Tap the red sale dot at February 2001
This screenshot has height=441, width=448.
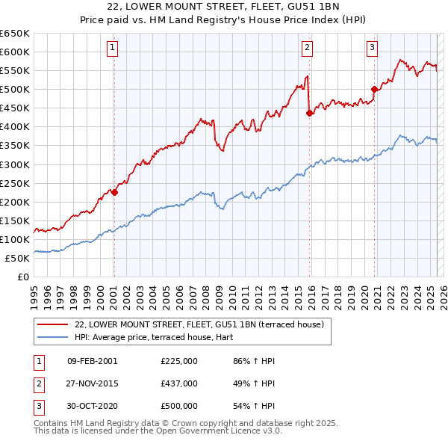[x=114, y=192]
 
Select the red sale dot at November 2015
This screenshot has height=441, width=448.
[x=309, y=113]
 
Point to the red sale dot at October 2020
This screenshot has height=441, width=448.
[x=374, y=89]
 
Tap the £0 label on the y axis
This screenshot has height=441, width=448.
[x=24, y=277]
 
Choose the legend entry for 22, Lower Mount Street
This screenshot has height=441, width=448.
[x=199, y=324]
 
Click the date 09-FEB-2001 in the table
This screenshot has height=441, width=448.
[x=93, y=361]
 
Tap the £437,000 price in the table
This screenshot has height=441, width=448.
[x=178, y=383]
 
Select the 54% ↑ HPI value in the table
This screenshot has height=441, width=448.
[x=254, y=406]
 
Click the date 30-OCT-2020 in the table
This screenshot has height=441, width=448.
[x=93, y=406]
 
